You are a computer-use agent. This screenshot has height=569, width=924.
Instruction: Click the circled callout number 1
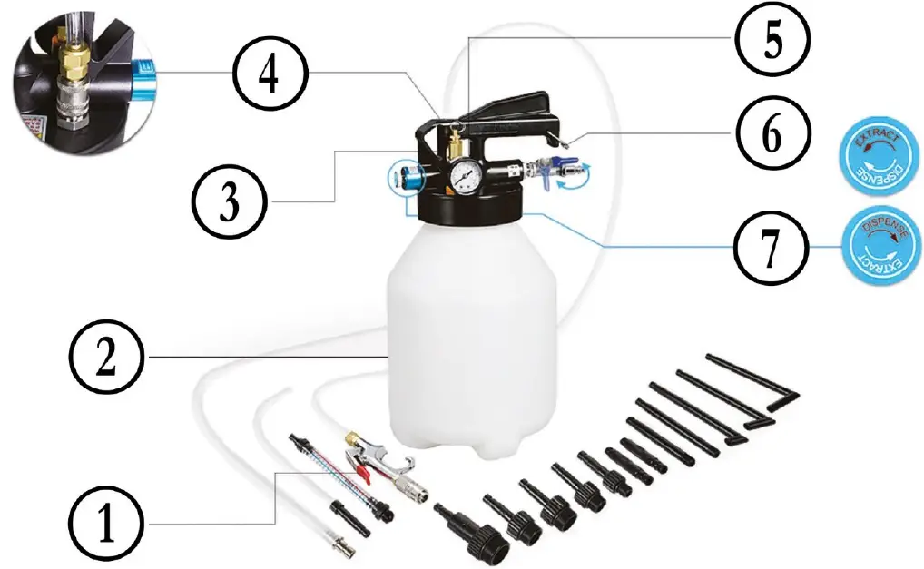106,525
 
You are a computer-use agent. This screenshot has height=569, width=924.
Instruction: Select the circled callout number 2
106,358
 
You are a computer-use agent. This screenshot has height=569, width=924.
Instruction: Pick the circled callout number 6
769,133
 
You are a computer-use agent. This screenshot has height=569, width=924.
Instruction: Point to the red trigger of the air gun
362,469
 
